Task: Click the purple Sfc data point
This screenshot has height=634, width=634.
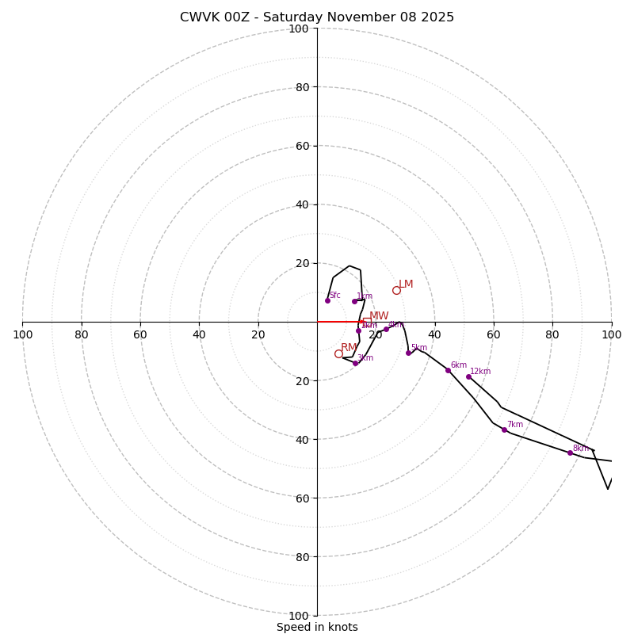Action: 327,300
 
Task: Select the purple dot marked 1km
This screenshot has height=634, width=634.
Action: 354,301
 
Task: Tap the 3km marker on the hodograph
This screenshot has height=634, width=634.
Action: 355,363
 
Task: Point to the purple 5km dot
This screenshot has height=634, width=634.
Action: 408,353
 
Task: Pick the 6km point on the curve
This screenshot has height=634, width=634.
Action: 448,370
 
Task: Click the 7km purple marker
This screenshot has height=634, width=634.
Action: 504,430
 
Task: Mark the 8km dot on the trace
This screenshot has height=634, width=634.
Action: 570,453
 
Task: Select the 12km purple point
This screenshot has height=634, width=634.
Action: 468,376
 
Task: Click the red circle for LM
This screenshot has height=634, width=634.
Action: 396,290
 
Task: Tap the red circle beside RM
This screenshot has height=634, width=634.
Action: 338,353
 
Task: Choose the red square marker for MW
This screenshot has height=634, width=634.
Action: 366,323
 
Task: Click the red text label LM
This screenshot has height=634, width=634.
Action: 406,285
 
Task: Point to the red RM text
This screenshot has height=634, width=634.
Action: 349,348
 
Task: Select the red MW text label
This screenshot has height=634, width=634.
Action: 379,316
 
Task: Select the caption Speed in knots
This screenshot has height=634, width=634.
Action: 317,627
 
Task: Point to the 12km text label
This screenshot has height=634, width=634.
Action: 480,371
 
